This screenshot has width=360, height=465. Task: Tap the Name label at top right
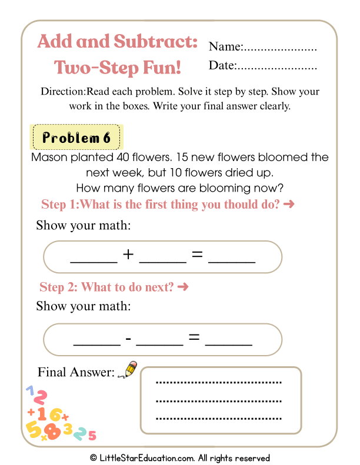click(225, 47)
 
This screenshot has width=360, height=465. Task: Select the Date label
click(222, 66)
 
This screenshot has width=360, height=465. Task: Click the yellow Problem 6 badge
click(76, 138)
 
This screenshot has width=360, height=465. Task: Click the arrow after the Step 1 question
click(288, 205)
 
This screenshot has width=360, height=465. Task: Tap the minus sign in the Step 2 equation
click(128, 339)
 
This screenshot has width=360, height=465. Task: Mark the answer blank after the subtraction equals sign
click(229, 341)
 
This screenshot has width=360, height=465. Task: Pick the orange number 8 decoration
click(52, 431)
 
